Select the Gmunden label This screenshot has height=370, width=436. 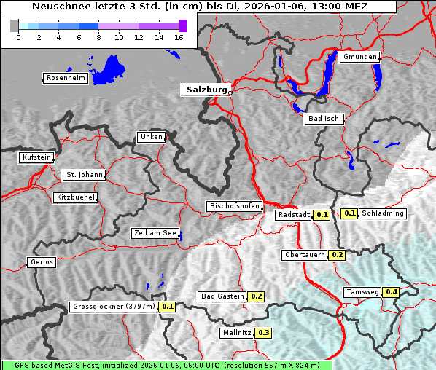coord(359,57)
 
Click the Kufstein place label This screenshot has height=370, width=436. coord(36,157)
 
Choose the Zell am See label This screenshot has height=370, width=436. coord(155,233)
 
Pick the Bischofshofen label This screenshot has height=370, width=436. coord(234,206)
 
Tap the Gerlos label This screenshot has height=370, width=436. coord(42,262)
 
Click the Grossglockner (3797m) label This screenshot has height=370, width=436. coord(114,307)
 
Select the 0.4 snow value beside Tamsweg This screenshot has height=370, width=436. coord(392,292)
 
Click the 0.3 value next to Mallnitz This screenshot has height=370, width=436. coord(263,333)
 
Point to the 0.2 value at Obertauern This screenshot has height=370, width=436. coord(337,255)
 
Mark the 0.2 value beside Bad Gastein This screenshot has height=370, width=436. coord(256,296)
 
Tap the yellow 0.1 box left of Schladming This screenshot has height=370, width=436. coord(349,213)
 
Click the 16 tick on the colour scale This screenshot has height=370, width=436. coord(178,36)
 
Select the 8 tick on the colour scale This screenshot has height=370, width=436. coord(98,36)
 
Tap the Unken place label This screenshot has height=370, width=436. coord(151,137)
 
